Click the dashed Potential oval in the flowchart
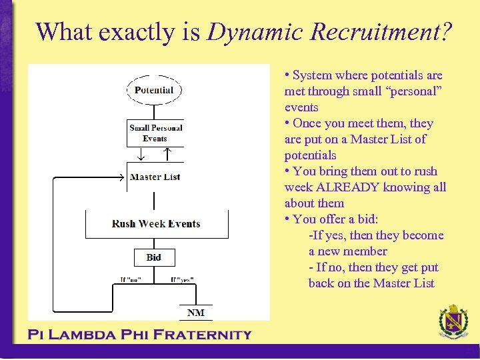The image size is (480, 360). tap(154, 90)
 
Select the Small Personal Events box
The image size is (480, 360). tap(155, 133)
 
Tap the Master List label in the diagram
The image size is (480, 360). tap(155, 177)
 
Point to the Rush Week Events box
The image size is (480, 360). tap(156, 224)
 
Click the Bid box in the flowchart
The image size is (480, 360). tap(154, 257)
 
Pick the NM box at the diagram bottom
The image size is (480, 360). tap(196, 313)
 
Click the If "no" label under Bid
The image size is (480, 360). tap(131, 280)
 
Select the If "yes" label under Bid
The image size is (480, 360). tap(181, 280)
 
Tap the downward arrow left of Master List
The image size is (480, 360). tap(141, 155)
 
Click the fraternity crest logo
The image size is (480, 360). tap(453, 323)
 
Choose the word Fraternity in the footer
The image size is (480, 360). tap(203, 335)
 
